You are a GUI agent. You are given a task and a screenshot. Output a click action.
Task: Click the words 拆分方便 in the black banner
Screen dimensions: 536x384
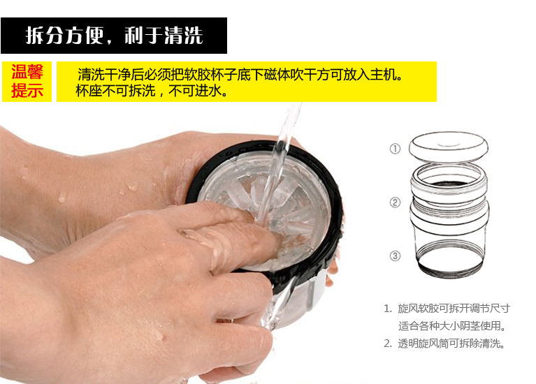(64, 35)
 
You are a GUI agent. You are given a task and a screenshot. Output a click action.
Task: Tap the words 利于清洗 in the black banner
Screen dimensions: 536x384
(164, 35)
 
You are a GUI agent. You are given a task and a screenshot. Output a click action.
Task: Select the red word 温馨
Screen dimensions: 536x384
(27, 72)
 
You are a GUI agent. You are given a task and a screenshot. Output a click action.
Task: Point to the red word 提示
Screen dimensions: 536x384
(27, 91)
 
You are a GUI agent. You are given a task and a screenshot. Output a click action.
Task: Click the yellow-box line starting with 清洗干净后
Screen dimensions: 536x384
(240, 74)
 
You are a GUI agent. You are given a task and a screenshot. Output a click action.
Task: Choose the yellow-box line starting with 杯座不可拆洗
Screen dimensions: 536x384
(152, 91)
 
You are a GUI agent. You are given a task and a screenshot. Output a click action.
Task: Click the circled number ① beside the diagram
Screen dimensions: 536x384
(395, 149)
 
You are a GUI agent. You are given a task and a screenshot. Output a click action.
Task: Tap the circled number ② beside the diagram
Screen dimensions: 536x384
(395, 202)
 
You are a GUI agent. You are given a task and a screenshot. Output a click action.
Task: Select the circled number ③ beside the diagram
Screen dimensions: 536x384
(395, 256)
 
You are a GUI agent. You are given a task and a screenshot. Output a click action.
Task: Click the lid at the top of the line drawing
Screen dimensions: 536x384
(449, 146)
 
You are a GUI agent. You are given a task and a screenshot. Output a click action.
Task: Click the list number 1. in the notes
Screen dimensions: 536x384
(388, 309)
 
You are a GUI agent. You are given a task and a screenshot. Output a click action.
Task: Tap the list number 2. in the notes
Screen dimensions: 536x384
(388, 344)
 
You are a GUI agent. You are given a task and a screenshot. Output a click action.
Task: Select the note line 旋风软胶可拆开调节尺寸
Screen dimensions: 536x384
(454, 309)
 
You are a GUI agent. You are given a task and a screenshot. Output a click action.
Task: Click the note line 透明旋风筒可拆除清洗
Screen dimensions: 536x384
(451, 344)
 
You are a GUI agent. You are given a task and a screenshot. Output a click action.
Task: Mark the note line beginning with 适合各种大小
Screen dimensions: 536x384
(452, 326)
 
